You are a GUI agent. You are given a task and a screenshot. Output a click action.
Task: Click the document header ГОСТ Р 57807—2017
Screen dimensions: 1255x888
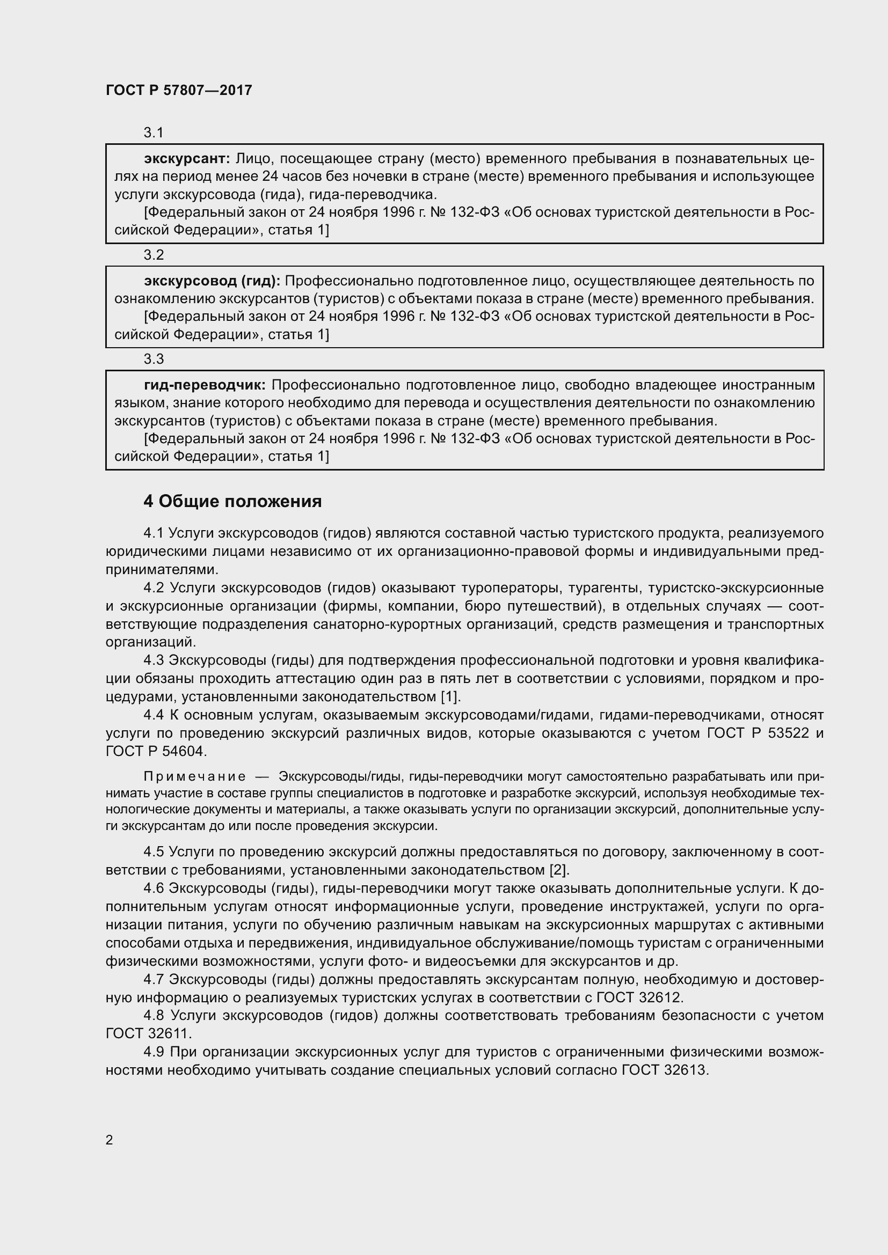179,90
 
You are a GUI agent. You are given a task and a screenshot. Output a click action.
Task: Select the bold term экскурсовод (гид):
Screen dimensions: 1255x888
212,281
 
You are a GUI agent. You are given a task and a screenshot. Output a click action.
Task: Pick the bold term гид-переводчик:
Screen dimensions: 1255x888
205,385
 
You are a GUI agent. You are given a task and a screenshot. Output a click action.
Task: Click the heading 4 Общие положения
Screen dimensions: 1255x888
232,501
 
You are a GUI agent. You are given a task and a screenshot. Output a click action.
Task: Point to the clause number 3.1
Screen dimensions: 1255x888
154,133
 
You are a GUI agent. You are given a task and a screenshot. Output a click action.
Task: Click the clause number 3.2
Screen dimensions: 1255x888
154,255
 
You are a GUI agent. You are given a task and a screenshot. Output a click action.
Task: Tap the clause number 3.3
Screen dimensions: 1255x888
154,359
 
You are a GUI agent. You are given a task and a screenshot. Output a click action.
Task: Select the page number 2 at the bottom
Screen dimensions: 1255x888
110,1140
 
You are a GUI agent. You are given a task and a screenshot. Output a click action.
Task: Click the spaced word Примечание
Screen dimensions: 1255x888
194,777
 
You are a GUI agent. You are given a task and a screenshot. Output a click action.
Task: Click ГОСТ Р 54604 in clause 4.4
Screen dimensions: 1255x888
156,752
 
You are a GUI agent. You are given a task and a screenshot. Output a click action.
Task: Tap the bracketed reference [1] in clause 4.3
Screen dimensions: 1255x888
450,697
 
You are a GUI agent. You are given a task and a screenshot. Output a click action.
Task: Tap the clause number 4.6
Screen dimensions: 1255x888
154,888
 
